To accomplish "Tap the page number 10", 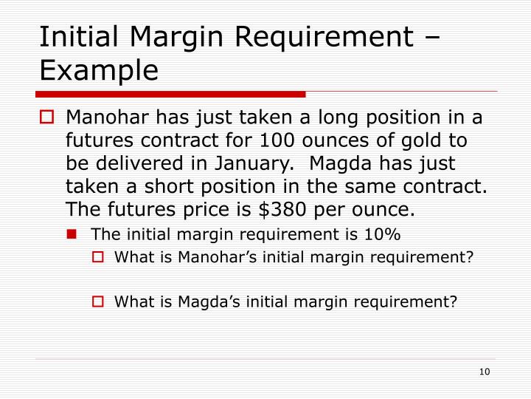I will click(485, 371).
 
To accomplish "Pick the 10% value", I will click(384, 235).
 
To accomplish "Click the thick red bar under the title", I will click(170, 95).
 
